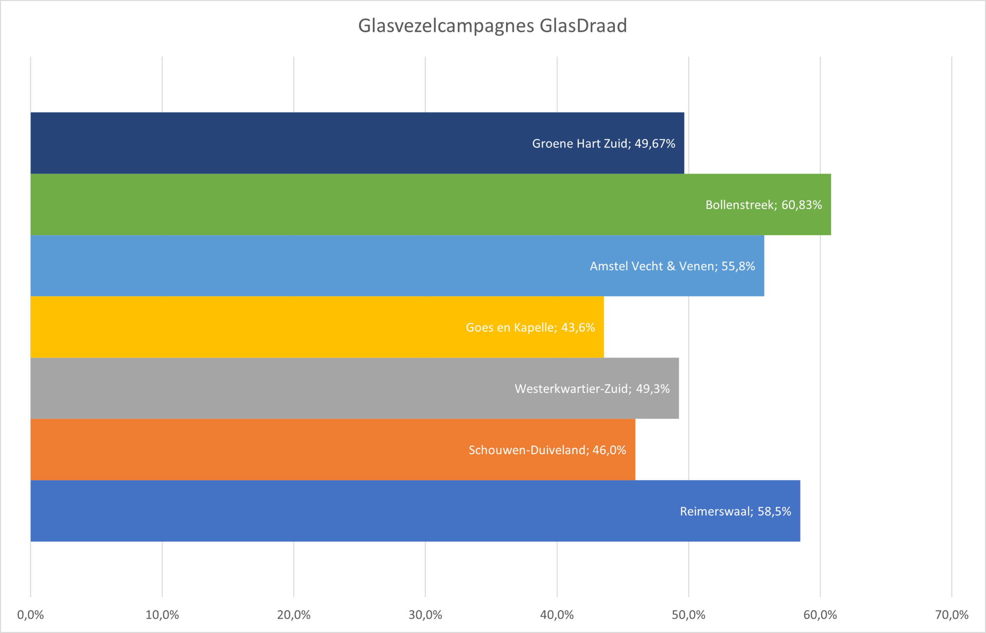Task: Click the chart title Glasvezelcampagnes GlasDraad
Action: click(492, 25)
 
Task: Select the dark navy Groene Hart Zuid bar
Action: click(288, 143)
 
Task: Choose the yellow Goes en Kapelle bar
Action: click(247, 327)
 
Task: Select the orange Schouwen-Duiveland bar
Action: click(247, 450)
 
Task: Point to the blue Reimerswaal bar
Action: click(329, 511)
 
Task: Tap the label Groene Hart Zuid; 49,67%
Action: click(604, 144)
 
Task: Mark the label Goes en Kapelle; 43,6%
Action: click(530, 327)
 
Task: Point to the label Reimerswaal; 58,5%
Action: click(735, 511)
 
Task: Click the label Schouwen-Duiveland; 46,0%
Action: click(547, 450)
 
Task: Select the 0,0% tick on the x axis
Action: click(30, 615)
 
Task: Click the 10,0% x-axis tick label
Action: click(162, 615)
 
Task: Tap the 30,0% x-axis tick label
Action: click(425, 615)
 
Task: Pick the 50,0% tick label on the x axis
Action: click(689, 615)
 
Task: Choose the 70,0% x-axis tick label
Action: click(951, 615)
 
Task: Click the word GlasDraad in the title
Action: click(583, 25)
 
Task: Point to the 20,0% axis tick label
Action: click(294, 615)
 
